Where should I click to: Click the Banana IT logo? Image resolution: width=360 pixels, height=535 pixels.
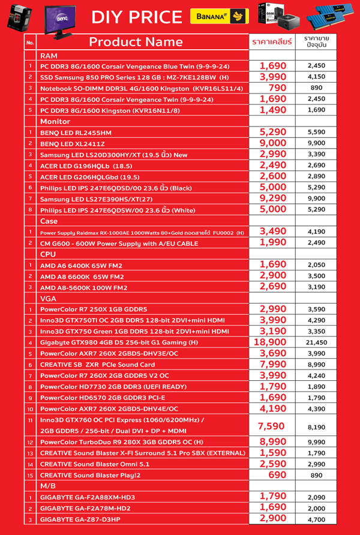click(220, 17)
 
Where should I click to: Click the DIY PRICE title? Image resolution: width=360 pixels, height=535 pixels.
click(136, 17)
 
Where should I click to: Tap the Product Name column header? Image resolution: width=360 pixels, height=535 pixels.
click(136, 42)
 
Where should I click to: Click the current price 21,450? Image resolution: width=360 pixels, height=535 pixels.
click(316, 342)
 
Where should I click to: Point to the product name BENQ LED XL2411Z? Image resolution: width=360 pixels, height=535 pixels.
click(72, 144)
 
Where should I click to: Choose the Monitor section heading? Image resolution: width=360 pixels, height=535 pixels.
click(55, 121)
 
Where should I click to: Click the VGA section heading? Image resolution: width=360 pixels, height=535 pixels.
click(48, 298)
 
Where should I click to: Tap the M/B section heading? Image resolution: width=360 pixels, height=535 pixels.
click(48, 486)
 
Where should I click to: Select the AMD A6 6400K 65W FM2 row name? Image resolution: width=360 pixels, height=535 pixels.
click(82, 265)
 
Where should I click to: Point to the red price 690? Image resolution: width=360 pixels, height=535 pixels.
click(273, 474)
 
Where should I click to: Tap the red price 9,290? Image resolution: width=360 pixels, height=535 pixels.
click(273, 199)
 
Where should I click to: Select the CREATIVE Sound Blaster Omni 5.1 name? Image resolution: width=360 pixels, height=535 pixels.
click(95, 464)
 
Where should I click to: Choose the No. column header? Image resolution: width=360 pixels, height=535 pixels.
click(30, 43)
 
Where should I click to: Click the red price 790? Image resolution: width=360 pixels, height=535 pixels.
click(273, 88)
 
